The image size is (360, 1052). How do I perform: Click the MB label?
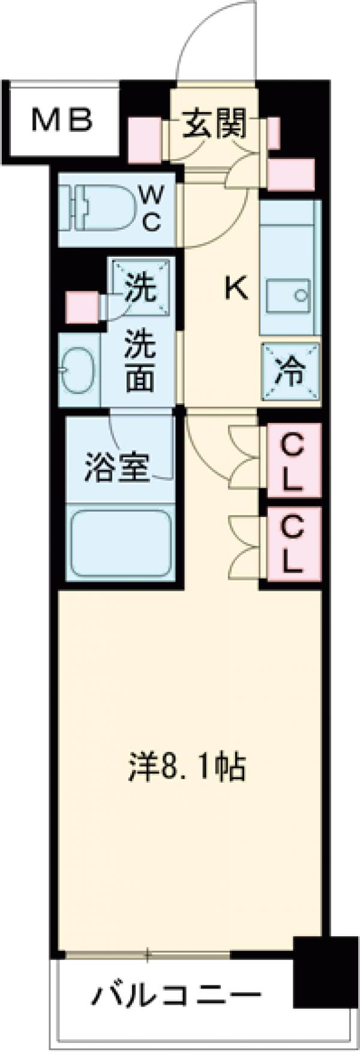[62, 120]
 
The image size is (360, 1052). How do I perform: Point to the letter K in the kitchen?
[236, 290]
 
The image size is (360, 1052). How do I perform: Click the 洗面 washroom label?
[140, 362]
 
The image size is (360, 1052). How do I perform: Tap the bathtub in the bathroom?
[121, 542]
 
